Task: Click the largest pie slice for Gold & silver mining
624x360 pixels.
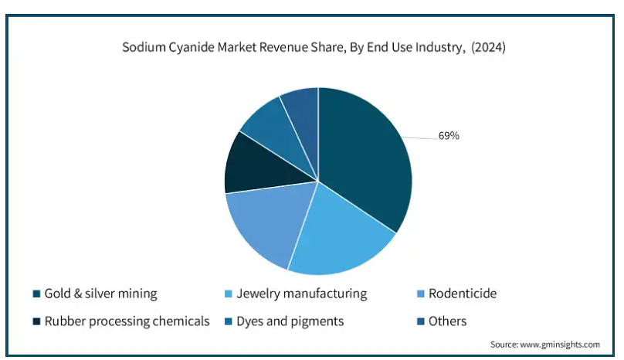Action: [x=363, y=162]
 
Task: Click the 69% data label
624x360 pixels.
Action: [x=449, y=136]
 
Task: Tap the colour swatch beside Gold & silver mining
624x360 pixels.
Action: [x=36, y=294]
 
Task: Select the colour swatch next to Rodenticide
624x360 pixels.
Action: [x=422, y=294]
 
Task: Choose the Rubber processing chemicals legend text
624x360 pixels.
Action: [x=127, y=321]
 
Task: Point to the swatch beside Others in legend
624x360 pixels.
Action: [x=422, y=321]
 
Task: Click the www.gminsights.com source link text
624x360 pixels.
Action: [x=559, y=344]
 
